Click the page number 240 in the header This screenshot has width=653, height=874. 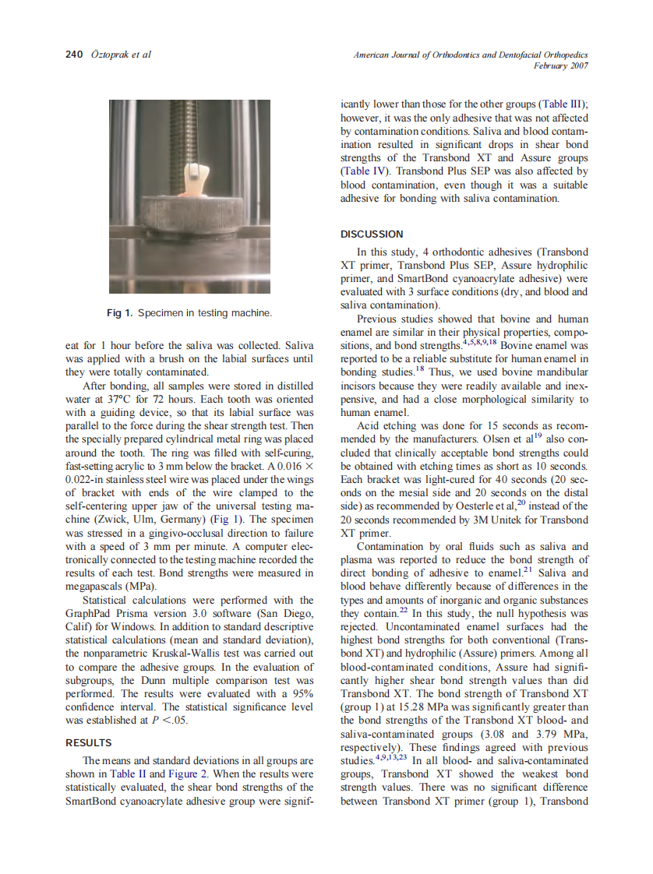tap(73, 55)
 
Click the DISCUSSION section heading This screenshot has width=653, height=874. tap(372, 234)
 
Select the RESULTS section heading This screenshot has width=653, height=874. tap(88, 742)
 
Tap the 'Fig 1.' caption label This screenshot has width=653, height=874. tap(120, 313)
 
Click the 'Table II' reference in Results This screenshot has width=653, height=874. tap(129, 774)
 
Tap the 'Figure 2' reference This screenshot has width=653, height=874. tap(180, 774)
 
